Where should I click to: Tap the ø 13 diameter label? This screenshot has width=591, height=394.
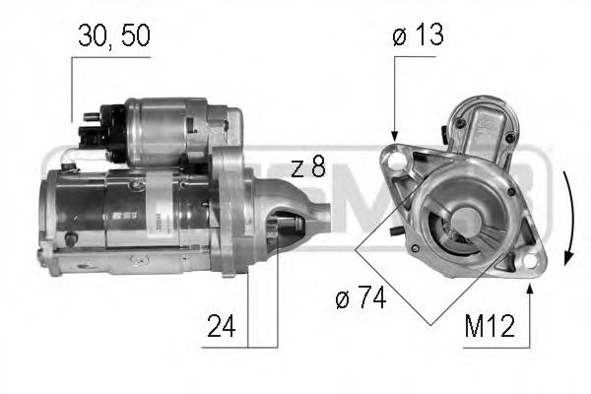click(417, 36)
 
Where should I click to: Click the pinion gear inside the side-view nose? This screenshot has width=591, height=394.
click(288, 228)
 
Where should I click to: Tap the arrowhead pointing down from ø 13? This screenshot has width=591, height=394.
click(394, 135)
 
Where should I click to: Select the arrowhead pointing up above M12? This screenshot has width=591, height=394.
click(531, 286)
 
